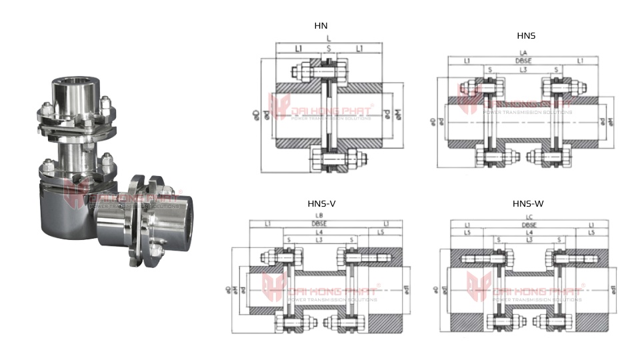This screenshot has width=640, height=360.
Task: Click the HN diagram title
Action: pyautogui.click(x=321, y=26)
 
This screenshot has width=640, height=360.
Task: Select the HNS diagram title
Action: pyautogui.click(x=526, y=35)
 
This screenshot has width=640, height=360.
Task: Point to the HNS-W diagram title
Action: pyautogui.click(x=528, y=203)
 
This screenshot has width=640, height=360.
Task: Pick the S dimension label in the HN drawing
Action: pyautogui.click(x=328, y=49)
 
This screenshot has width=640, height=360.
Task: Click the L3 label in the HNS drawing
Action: pyautogui.click(x=523, y=69)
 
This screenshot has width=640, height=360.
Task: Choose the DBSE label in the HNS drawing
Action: pyautogui.click(x=523, y=61)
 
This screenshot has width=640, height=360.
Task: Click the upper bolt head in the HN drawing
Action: pyautogui.click(x=298, y=69)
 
